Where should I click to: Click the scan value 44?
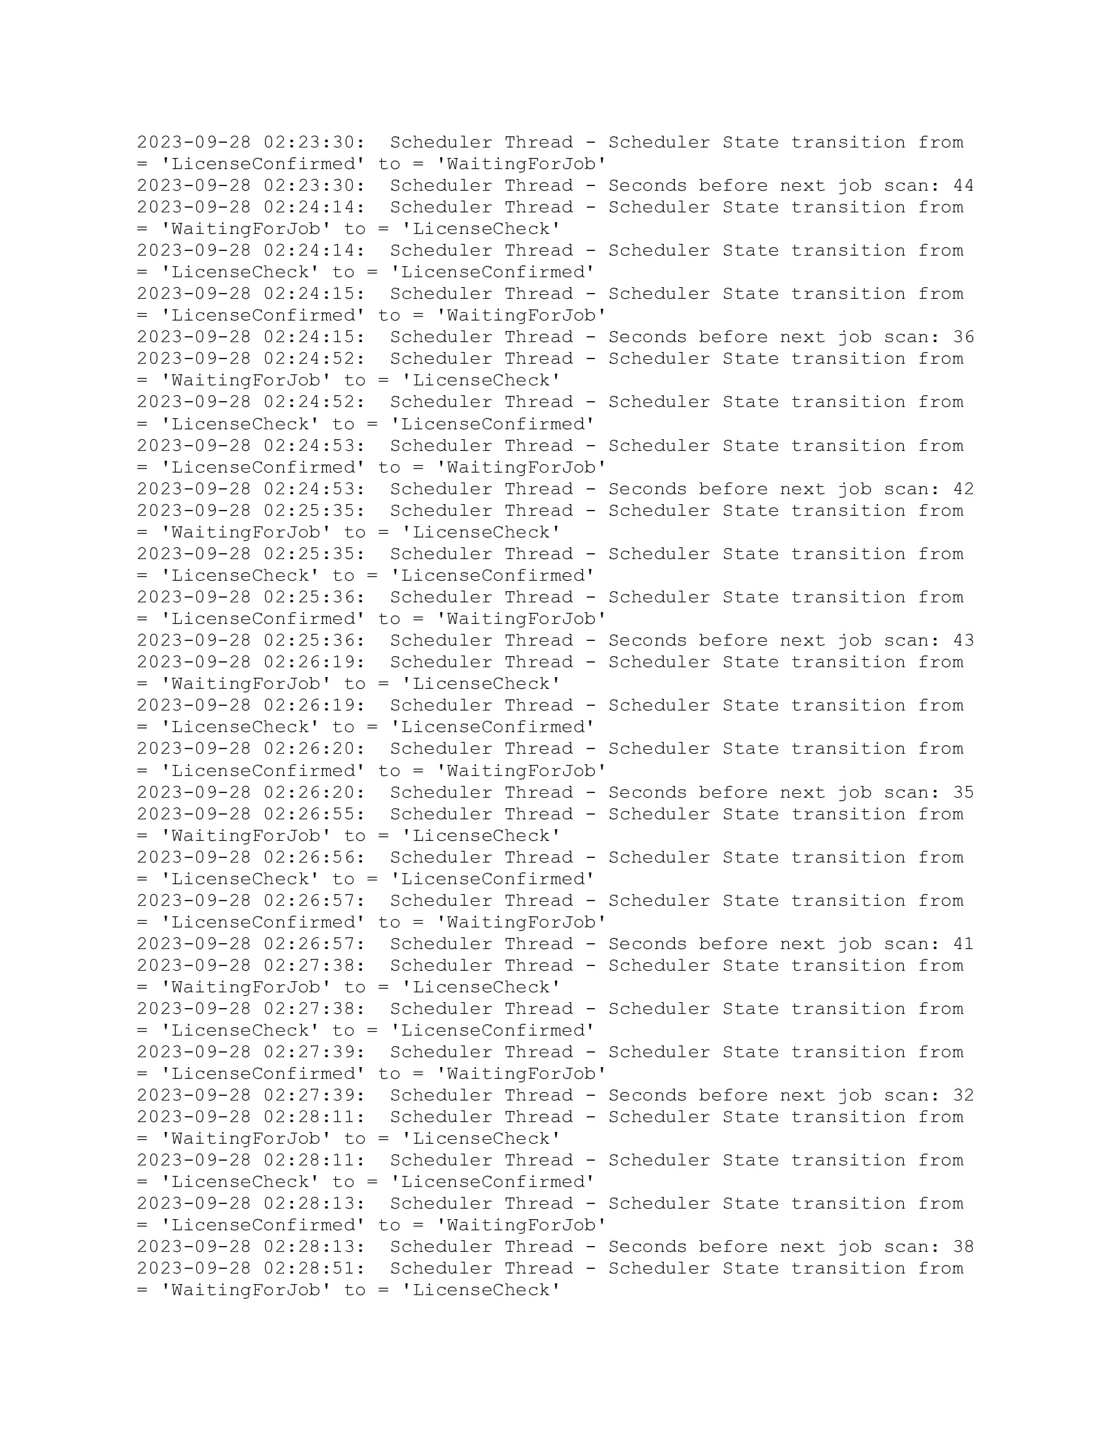(963, 185)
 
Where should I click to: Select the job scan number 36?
(963, 337)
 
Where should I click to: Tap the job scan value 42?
(963, 488)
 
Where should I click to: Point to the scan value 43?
(963, 640)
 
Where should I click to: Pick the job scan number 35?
(963, 792)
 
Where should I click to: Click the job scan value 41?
(963, 943)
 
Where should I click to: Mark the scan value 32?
(963, 1095)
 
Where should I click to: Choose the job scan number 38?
(963, 1247)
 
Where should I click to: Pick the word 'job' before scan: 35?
(855, 792)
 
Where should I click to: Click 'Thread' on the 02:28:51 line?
(539, 1268)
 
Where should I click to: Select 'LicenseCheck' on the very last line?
(481, 1290)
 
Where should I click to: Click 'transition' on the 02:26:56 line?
(848, 857)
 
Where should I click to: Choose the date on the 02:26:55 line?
(193, 814)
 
